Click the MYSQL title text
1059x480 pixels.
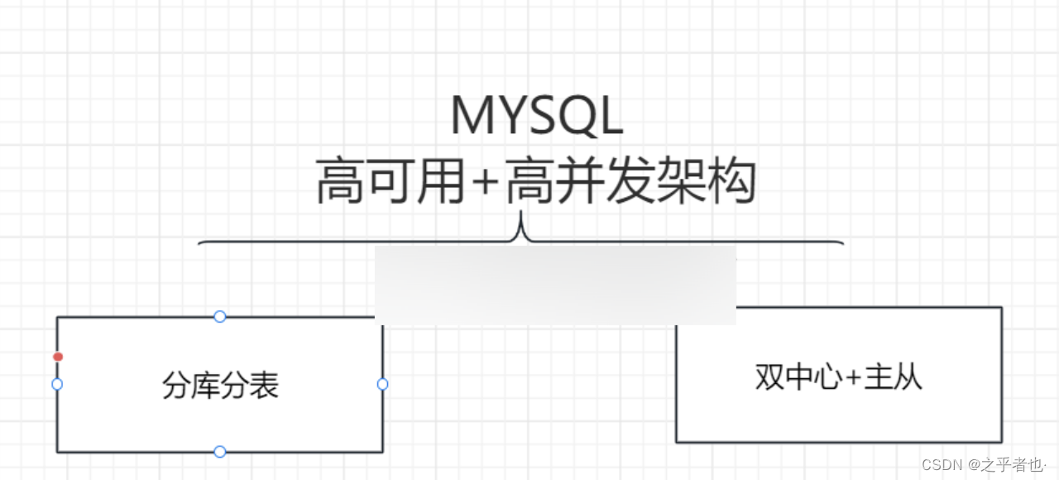pyautogui.click(x=536, y=117)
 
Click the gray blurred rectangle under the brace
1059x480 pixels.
pyautogui.click(x=555, y=285)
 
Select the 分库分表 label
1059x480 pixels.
pyautogui.click(x=220, y=386)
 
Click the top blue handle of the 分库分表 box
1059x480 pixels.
pyautogui.click(x=220, y=316)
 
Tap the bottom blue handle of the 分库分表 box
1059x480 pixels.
pyautogui.click(x=220, y=452)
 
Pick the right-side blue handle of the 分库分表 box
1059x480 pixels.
pyautogui.click(x=382, y=384)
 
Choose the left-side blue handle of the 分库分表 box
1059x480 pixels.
pyautogui.click(x=57, y=384)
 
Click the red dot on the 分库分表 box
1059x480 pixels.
pyautogui.click(x=58, y=357)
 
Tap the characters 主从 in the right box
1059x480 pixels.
pyautogui.click(x=893, y=377)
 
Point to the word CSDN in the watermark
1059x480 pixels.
pyautogui.click(x=941, y=463)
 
